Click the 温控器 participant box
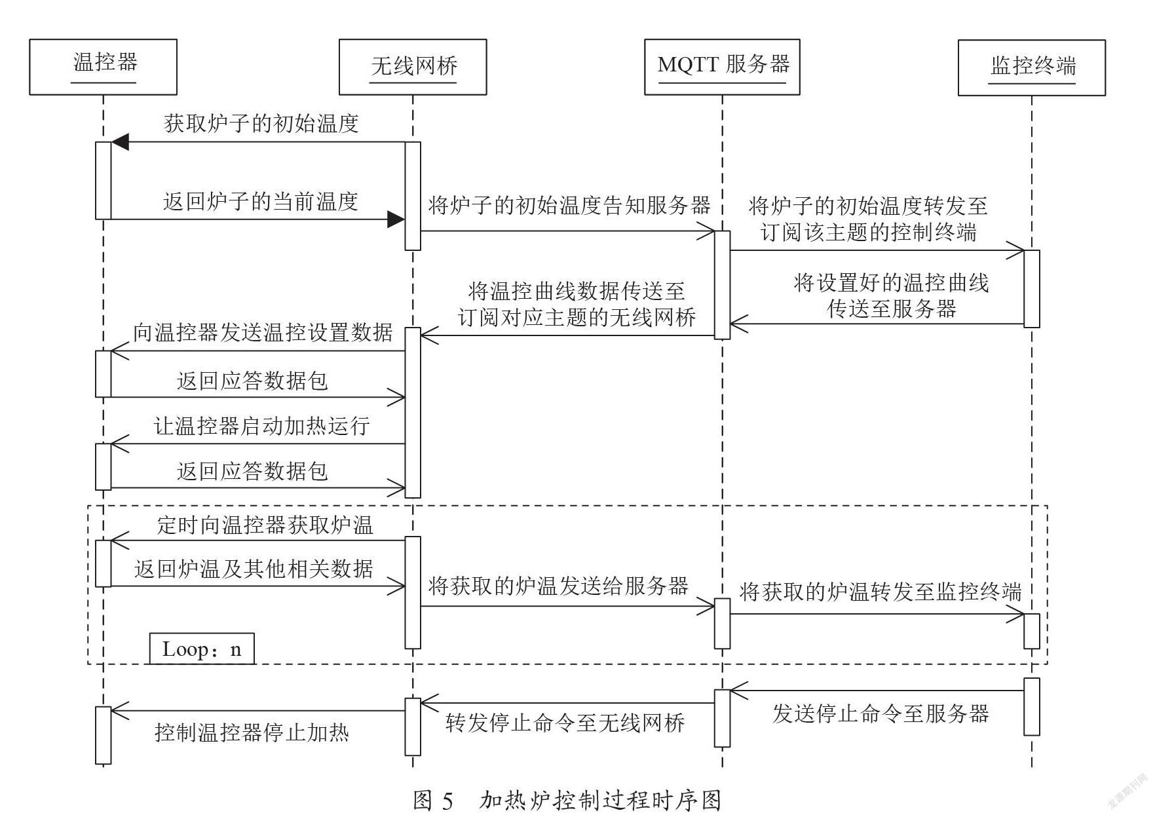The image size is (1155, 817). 103,67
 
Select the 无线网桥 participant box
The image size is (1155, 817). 413,67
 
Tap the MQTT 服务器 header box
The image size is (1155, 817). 722,67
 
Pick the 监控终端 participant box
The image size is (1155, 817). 1032,67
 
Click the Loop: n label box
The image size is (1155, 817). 202,649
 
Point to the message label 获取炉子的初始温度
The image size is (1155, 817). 261,123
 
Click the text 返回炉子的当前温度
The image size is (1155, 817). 261,201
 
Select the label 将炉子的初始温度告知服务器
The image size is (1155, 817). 569,206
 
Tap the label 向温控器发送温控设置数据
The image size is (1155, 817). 263,332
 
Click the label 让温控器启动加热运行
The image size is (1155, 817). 262,426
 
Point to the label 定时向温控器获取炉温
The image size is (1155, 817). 265,525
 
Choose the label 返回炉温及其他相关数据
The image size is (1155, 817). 254,568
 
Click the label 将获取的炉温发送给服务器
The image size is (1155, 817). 558,585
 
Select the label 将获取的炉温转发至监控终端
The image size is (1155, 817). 880,592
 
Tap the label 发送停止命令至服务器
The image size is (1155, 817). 880,713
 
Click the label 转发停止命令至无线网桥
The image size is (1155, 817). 565,723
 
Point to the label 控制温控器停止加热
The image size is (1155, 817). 252,732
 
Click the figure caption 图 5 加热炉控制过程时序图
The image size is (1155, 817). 567,800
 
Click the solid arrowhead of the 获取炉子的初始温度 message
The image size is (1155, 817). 120,142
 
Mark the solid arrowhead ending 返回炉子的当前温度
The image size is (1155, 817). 396,219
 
